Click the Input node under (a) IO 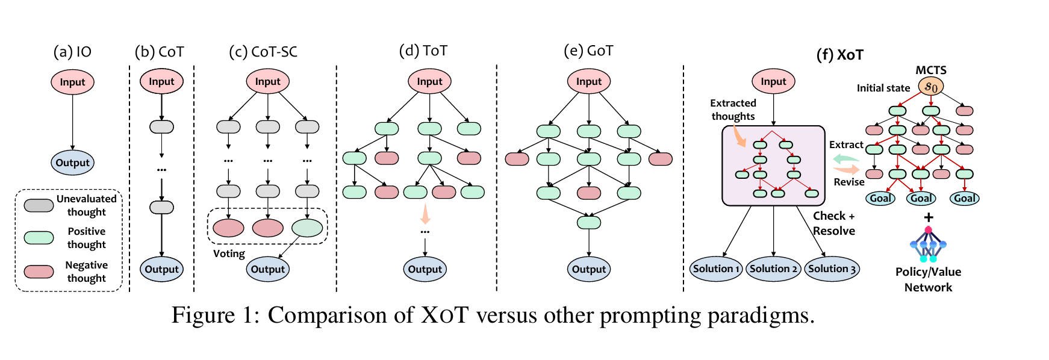pos(72,82)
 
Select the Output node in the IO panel pos(72,163)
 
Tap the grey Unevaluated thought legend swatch pos(39,205)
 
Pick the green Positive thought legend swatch pos(39,237)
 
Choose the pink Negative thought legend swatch pos(39,272)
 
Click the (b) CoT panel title pos(160,52)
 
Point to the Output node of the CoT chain pos(161,269)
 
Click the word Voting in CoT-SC pos(229,253)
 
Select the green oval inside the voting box pos(307,228)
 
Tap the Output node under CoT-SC pos(267,269)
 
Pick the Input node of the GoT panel pos(588,81)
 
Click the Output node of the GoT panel pos(588,269)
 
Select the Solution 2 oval pos(773,268)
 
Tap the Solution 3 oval pos(832,268)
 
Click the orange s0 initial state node pos(930,87)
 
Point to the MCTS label pos(931,70)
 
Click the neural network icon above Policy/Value pos(928,244)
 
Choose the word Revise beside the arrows pos(849,182)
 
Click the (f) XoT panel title pos(839,55)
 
